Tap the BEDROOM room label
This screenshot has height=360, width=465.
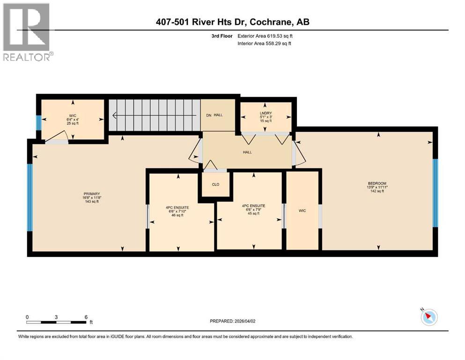click(377, 183)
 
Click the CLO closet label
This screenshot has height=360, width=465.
click(215, 184)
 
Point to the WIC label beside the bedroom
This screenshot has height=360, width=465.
click(302, 210)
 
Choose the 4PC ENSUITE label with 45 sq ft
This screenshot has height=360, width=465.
click(253, 205)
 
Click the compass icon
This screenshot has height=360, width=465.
click(428, 317)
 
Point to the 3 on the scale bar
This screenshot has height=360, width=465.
click(56, 317)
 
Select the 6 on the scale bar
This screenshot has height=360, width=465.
click(86, 317)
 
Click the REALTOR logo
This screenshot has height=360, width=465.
click(27, 32)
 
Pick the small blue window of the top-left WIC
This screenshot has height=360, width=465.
click(38, 122)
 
